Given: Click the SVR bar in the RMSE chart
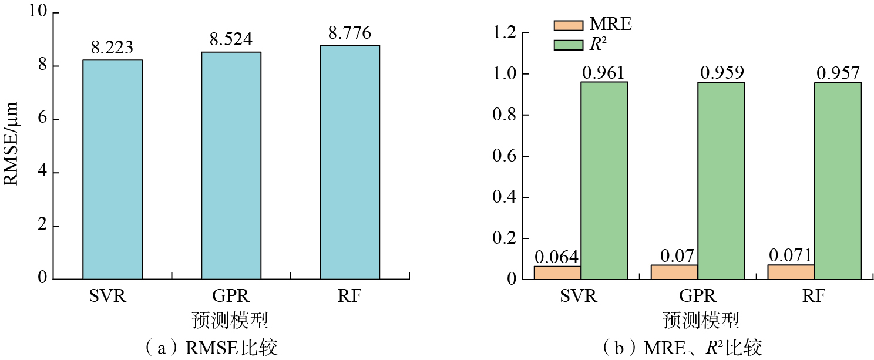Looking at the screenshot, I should pyautogui.click(x=112, y=169).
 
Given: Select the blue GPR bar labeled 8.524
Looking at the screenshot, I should pyautogui.click(x=231, y=165).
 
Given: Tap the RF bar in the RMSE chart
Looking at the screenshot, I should pyautogui.click(x=349, y=162).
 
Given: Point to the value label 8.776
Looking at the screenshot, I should pyautogui.click(x=349, y=33).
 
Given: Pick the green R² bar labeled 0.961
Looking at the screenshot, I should pyautogui.click(x=604, y=180).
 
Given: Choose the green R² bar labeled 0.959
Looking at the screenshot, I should pyautogui.click(x=721, y=180).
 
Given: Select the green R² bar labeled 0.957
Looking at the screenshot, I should pyautogui.click(x=838, y=180).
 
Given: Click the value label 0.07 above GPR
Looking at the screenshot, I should pyautogui.click(x=674, y=256).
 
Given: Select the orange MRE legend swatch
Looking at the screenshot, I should pyautogui.click(x=568, y=25).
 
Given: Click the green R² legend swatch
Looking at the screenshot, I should pyautogui.click(x=568, y=44).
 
